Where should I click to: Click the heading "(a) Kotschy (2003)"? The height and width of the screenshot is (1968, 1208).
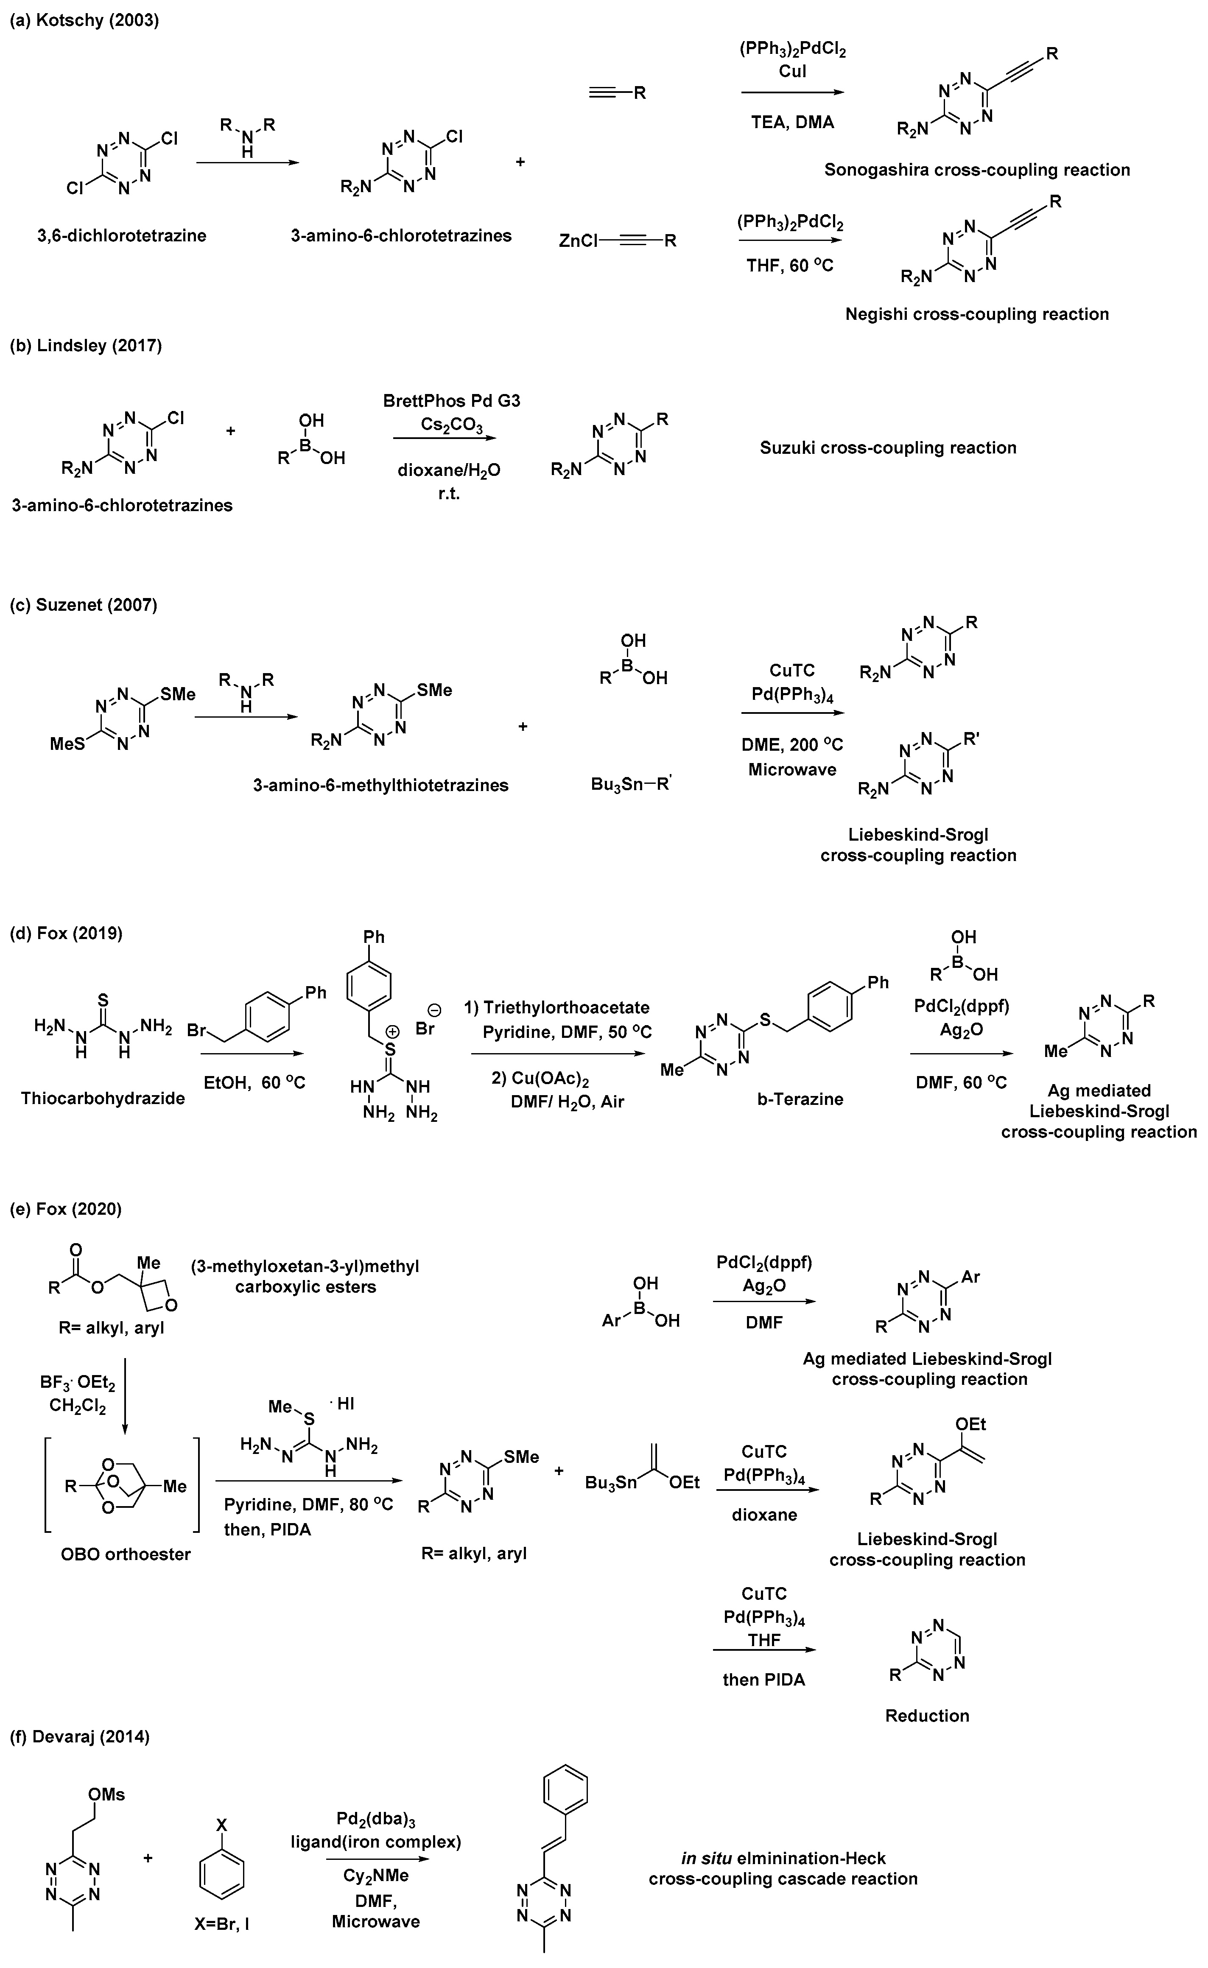(x=84, y=21)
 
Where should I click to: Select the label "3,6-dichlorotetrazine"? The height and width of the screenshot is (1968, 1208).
(x=121, y=236)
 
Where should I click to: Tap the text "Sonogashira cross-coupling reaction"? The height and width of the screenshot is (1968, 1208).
(x=977, y=170)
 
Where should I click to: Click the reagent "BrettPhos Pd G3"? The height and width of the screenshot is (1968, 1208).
(x=451, y=401)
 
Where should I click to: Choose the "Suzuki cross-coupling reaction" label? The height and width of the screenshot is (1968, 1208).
(x=888, y=448)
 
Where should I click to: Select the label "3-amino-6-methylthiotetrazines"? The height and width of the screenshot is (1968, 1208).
(x=380, y=785)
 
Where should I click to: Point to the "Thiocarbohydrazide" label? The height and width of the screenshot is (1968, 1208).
(x=103, y=1098)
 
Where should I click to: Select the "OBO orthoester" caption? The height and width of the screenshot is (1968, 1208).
(x=126, y=1554)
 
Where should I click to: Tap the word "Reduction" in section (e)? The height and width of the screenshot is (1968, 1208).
(x=927, y=1716)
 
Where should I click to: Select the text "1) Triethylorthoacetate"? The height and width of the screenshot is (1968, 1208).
(x=557, y=1008)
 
